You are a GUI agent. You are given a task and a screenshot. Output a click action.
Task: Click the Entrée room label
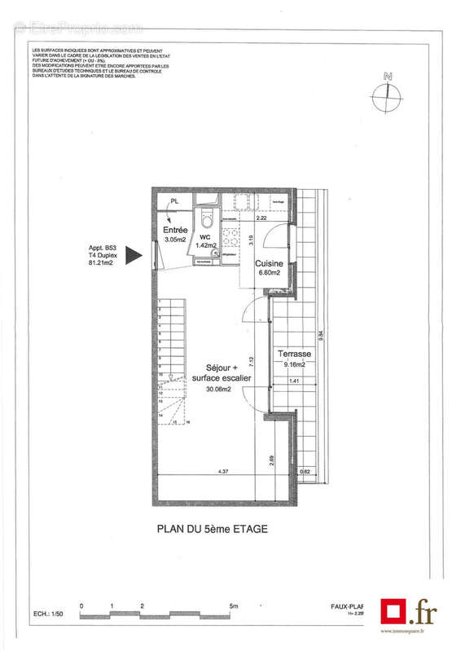pyautogui.click(x=176, y=231)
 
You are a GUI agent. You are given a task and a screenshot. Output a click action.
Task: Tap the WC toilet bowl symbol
pyautogui.click(x=208, y=218)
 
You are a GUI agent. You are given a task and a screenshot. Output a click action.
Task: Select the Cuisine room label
pyautogui.click(x=269, y=263)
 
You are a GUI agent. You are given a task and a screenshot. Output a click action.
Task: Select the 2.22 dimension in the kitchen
pyautogui.click(x=261, y=218)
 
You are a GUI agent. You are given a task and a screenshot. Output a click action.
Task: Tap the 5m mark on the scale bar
pyautogui.click(x=235, y=606)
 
